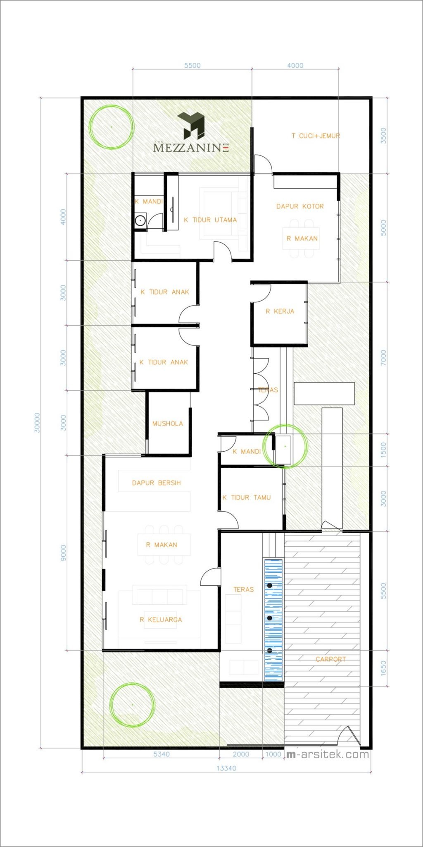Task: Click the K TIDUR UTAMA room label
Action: [210, 220]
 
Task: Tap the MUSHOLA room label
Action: [167, 423]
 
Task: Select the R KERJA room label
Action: [280, 311]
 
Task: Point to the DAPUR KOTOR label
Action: [300, 206]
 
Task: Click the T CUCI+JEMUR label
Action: [316, 136]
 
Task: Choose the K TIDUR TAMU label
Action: [247, 498]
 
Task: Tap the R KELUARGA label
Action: [161, 620]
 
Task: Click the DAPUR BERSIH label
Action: [156, 483]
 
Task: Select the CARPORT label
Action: [330, 659]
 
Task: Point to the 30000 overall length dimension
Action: [37, 422]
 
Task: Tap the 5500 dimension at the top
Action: [192, 65]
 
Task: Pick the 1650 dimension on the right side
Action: [383, 668]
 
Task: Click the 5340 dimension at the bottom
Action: [162, 754]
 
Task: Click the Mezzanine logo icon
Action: [191, 125]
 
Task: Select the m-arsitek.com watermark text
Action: [328, 754]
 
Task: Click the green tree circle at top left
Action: [112, 127]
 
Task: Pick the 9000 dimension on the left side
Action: [63, 553]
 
